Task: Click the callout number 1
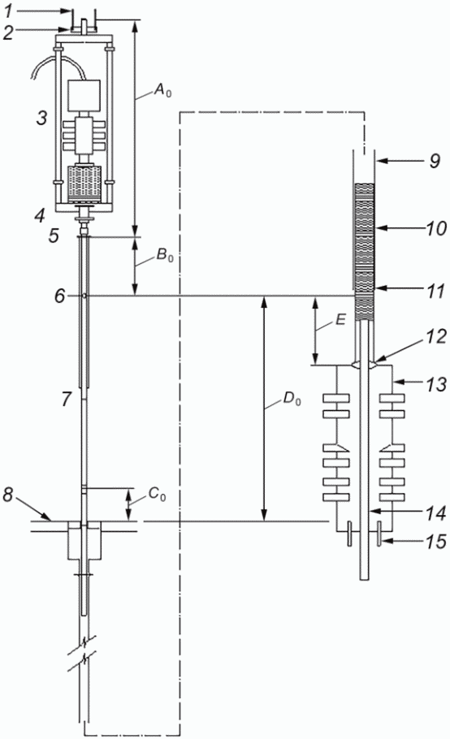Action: pyautogui.click(x=9, y=11)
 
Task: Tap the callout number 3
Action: pyautogui.click(x=42, y=118)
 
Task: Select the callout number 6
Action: pyautogui.click(x=59, y=296)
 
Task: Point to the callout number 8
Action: pyautogui.click(x=7, y=495)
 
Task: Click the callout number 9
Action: pyautogui.click(x=435, y=161)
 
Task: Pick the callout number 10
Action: pyautogui.click(x=435, y=228)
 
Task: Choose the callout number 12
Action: pyautogui.click(x=435, y=336)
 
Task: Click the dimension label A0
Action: pyautogui.click(x=163, y=90)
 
